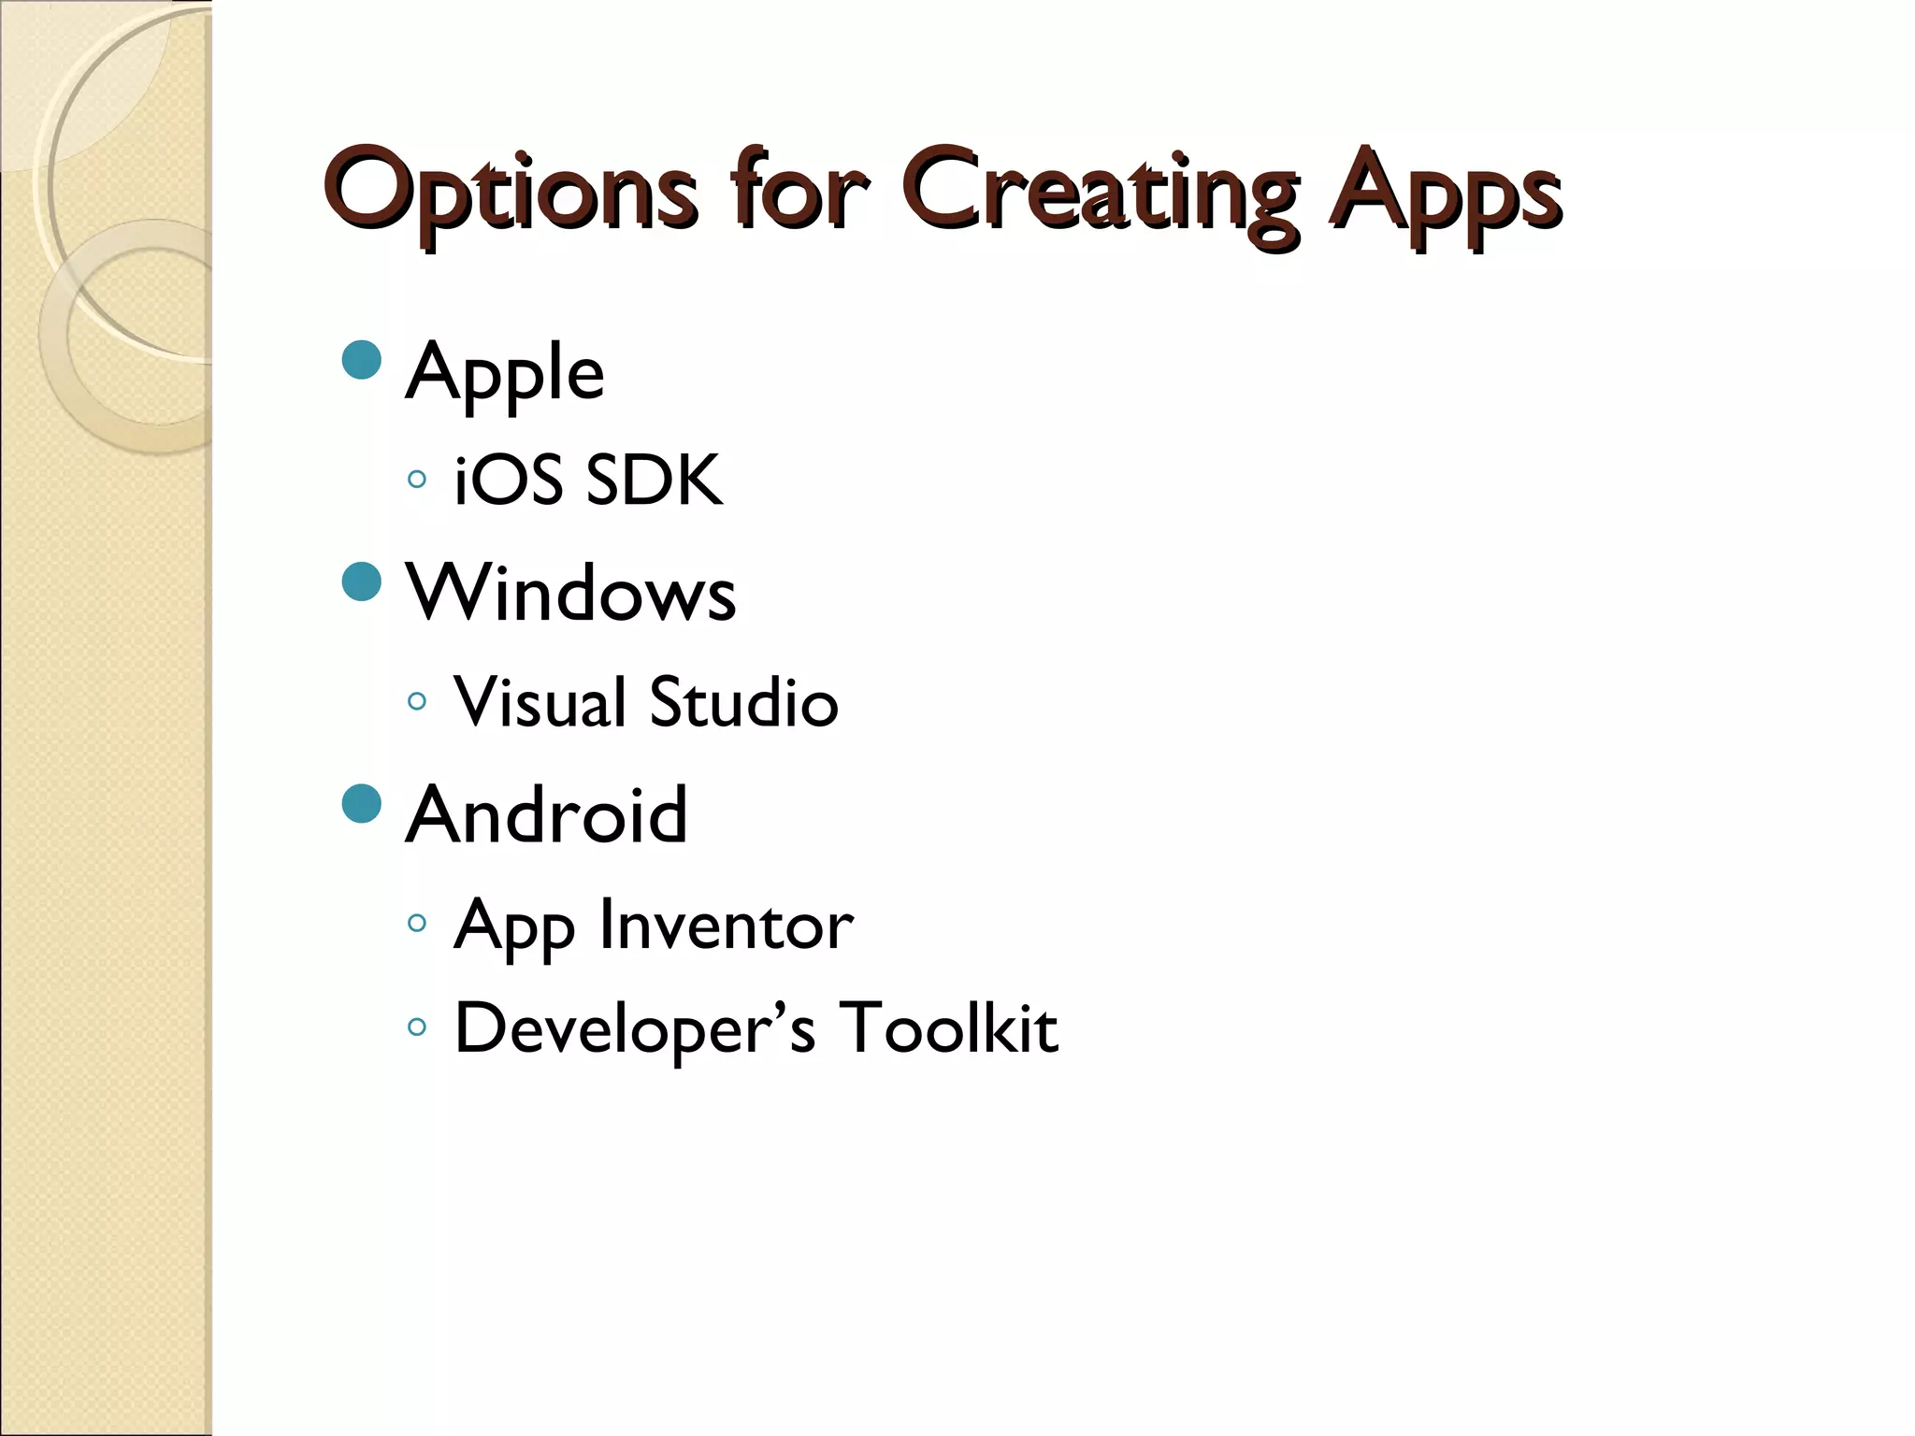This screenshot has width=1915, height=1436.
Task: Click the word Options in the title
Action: pos(511,192)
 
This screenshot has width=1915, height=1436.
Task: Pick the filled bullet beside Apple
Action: pos(362,359)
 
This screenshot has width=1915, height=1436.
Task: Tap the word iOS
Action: pos(508,481)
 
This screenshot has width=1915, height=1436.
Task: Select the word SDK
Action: pos(654,481)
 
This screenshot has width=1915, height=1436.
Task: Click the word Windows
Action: pos(570,593)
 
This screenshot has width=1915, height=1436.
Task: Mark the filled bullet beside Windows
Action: pos(362,582)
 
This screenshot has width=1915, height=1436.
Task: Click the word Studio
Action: pos(743,702)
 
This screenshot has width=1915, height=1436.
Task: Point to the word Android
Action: pos(547,814)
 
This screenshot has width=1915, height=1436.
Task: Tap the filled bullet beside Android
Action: pos(362,803)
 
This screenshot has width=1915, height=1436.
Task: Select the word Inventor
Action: pos(727,925)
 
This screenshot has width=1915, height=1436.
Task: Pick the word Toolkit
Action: pos(948,1027)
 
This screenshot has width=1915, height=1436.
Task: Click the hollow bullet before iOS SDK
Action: pos(417,480)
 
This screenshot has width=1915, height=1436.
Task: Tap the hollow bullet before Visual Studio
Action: pos(417,700)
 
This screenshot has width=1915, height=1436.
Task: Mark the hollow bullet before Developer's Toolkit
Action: pos(417,1027)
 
